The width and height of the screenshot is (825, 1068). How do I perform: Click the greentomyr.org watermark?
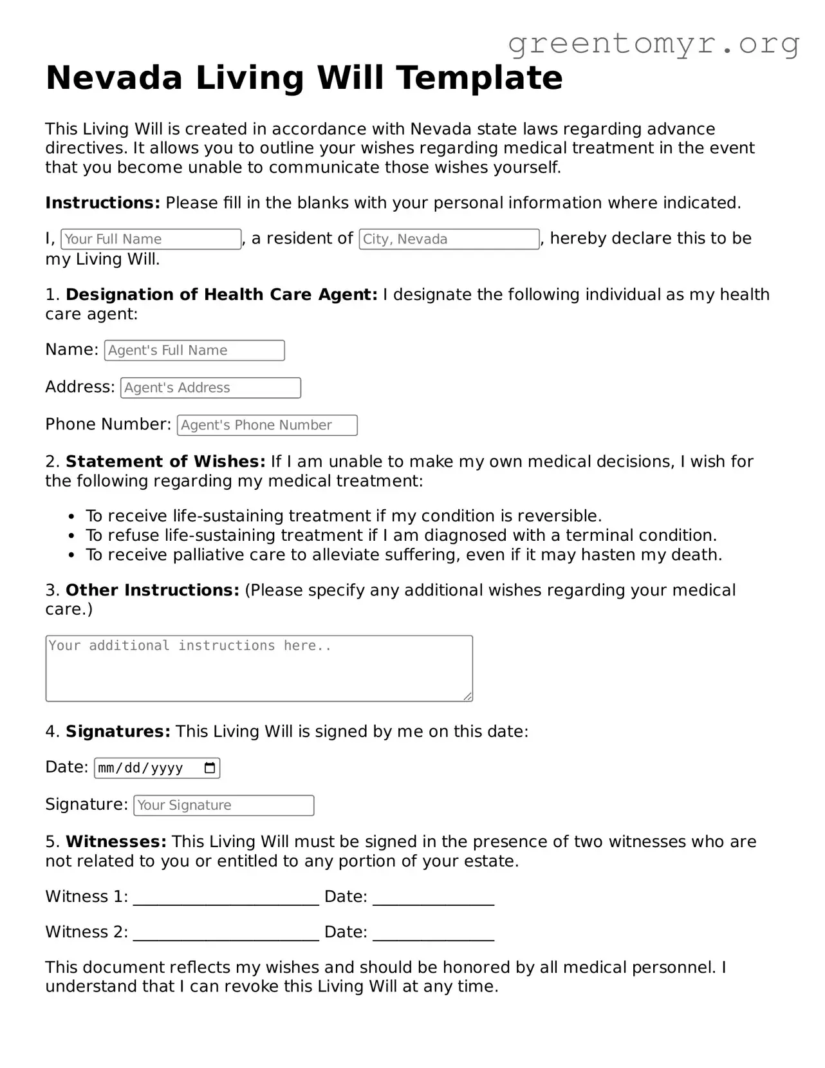click(x=654, y=44)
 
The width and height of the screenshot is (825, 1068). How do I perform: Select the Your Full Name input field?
click(x=151, y=239)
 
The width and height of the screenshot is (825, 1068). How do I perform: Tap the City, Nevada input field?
click(x=449, y=239)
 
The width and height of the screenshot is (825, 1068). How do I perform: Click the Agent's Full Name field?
click(x=194, y=350)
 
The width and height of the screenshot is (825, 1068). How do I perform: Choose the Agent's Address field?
click(x=210, y=388)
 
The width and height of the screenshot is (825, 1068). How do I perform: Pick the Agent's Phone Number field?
click(x=267, y=425)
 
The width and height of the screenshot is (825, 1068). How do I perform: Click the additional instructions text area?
click(x=259, y=668)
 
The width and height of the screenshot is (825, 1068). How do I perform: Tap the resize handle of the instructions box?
click(x=468, y=697)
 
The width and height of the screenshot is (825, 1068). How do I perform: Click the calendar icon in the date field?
click(x=210, y=768)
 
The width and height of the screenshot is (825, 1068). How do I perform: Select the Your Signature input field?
click(x=223, y=805)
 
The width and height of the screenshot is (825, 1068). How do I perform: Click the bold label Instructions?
click(x=102, y=203)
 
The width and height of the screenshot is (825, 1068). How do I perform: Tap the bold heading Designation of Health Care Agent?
click(x=221, y=295)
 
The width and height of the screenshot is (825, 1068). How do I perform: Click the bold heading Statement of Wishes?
click(x=165, y=462)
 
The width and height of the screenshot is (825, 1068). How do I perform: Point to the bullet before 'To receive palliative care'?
click(x=73, y=555)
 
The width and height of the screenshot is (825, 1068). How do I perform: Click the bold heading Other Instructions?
click(x=153, y=590)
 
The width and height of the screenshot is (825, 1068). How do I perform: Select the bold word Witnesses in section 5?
click(x=116, y=842)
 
